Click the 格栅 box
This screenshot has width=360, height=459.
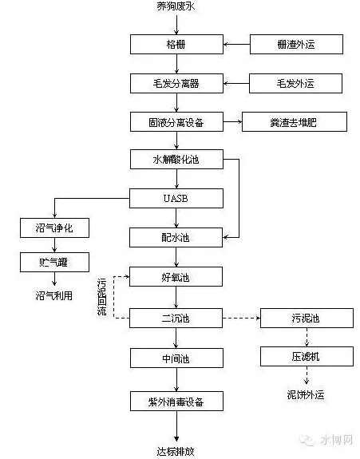(x=176, y=44)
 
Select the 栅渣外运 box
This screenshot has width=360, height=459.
(x=296, y=44)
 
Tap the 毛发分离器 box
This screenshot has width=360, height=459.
(x=176, y=84)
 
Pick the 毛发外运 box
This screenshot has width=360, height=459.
(x=295, y=84)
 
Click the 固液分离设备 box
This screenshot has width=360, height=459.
(x=176, y=122)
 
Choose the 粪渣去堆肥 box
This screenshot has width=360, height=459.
(x=295, y=122)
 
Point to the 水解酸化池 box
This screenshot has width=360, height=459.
(x=176, y=159)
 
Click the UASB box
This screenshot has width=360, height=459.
(x=176, y=199)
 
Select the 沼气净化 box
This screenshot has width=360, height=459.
(x=55, y=228)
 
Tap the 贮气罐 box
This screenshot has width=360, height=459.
(x=55, y=263)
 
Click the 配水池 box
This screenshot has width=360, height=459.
(x=176, y=237)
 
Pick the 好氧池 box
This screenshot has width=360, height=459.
(x=176, y=277)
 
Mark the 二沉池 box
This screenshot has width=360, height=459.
(x=176, y=318)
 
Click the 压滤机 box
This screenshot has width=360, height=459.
(x=307, y=356)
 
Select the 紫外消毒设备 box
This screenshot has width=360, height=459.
(x=176, y=401)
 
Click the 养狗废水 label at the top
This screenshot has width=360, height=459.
(x=176, y=6)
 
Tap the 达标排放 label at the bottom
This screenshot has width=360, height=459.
(x=176, y=451)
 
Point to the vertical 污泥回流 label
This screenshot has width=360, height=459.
(x=101, y=296)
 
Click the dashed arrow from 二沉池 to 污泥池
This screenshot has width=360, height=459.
(x=241, y=318)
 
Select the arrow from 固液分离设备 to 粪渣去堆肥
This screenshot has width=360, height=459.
(x=233, y=122)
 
